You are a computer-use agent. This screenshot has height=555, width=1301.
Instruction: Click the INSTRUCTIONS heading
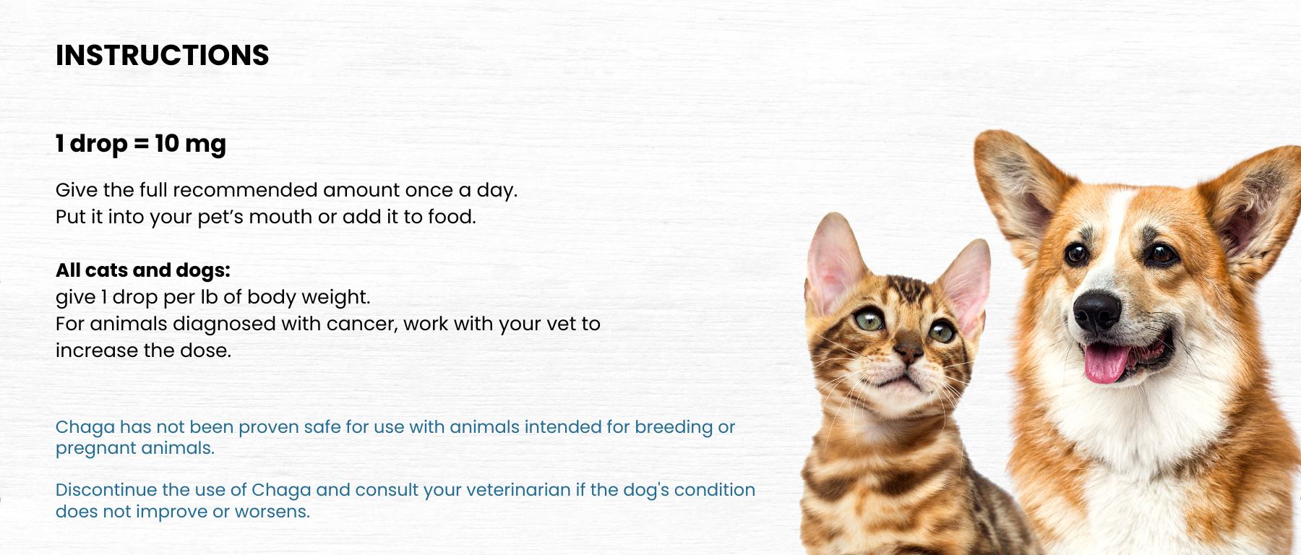click(162, 56)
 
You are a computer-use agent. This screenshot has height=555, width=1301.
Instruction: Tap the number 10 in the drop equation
click(167, 143)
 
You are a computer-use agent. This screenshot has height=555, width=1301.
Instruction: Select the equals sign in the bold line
click(141, 144)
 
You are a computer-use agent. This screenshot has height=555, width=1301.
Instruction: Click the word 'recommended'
click(245, 190)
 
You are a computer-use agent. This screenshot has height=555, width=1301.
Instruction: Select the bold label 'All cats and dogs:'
click(143, 270)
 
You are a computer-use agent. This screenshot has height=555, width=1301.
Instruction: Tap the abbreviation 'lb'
click(209, 296)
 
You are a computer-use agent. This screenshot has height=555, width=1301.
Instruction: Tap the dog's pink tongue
click(1106, 362)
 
